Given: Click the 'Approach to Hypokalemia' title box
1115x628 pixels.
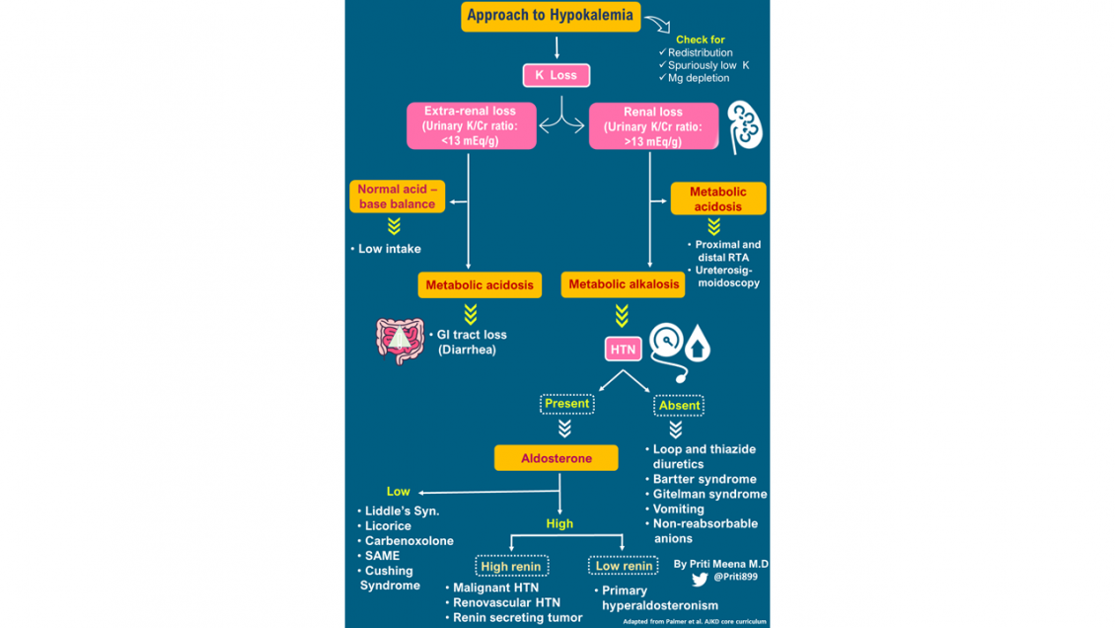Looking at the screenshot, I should click(x=551, y=16).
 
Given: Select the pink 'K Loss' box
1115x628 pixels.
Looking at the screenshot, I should click(x=556, y=75).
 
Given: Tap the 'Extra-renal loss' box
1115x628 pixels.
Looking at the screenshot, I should click(x=471, y=126).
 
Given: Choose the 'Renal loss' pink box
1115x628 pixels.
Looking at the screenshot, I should click(x=653, y=126).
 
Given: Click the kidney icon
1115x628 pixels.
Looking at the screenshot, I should click(x=745, y=125).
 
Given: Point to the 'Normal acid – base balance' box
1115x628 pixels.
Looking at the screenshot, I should click(x=397, y=196).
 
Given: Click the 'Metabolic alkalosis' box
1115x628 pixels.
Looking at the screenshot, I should click(x=624, y=284).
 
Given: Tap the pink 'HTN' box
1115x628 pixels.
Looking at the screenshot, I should click(x=623, y=350).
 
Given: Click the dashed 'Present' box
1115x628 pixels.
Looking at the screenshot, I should click(x=566, y=404).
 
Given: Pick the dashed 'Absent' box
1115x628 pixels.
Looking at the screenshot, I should click(x=679, y=405).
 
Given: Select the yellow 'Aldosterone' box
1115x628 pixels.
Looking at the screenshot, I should click(x=557, y=458).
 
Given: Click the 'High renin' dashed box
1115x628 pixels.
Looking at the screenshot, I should click(x=511, y=567).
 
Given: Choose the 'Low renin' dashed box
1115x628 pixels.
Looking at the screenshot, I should click(x=623, y=566).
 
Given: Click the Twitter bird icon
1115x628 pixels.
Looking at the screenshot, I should click(x=700, y=580).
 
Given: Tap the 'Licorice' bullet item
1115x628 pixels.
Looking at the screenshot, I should click(x=388, y=526).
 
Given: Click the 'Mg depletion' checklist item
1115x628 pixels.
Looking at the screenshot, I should click(x=698, y=78).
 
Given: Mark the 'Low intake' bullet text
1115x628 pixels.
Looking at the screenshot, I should click(x=389, y=249).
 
